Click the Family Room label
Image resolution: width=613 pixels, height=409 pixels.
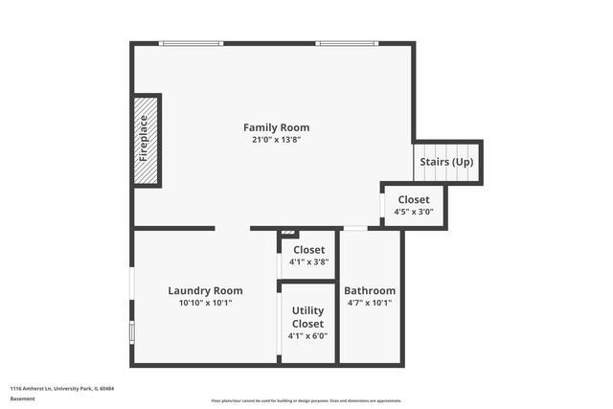pos(276,127)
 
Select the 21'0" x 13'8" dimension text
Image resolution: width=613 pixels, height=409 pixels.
pos(276,140)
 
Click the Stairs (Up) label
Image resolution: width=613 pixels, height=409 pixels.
pos(446,162)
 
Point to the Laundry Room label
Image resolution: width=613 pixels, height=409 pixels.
pos(205,290)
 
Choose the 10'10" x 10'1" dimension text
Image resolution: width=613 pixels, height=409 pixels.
pos(205,303)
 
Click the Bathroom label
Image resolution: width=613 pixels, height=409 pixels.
pos(370,290)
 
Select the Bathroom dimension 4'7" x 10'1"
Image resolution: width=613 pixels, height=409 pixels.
pos(370,303)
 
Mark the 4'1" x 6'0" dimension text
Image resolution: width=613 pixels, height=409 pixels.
pos(307,336)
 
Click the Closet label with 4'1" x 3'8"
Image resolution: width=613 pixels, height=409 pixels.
pos(308,250)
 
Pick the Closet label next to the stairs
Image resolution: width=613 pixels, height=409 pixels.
pos(414,199)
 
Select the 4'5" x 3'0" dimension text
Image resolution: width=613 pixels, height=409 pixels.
pos(414,212)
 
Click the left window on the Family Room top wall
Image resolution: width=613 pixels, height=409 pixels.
pos(191,43)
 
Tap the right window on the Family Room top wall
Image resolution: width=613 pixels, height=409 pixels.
pos(347,43)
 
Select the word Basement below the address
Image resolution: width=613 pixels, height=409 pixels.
pos(23,399)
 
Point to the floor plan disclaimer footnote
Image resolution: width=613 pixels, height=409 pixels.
pos(306,400)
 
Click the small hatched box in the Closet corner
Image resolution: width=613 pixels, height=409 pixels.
pos(289,234)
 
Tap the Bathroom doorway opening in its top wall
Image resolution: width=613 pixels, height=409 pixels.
pos(354,228)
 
